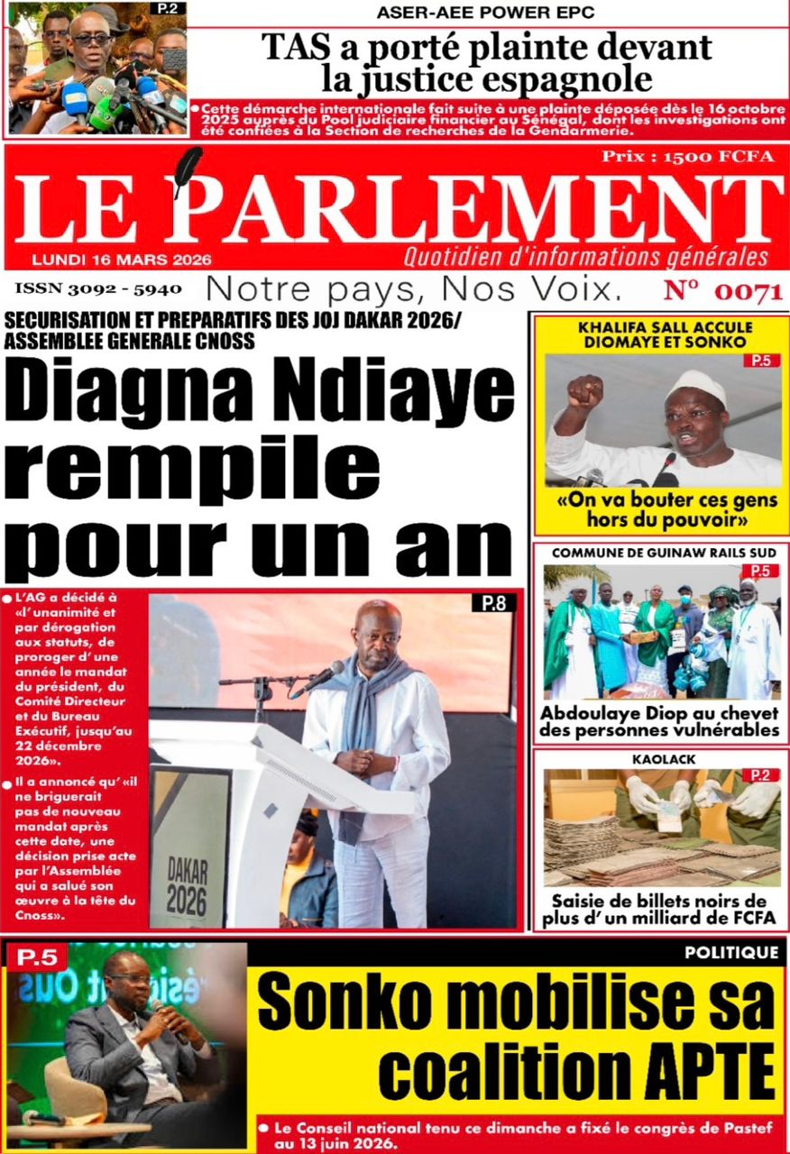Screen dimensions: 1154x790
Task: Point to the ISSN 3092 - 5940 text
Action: pos(97,289)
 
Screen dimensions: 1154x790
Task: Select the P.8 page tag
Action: pos(493,604)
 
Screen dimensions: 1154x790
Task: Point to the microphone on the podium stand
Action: pos(321,677)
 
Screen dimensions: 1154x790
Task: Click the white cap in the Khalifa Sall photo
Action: pos(694,387)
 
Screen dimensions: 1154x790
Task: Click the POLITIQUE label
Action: pos(730,952)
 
